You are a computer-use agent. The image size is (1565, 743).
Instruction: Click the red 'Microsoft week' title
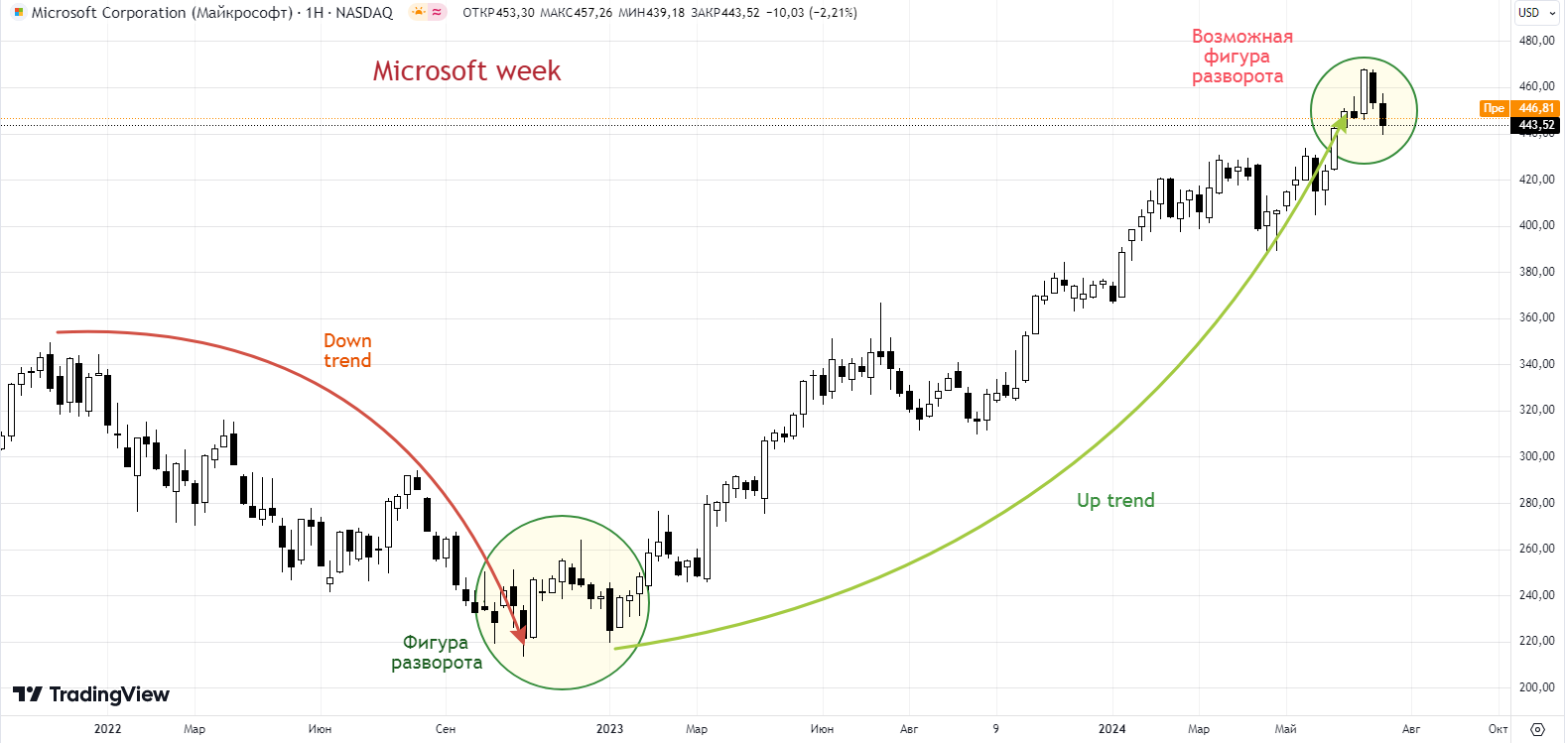click(466, 71)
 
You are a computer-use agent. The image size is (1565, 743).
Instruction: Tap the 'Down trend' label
click(347, 351)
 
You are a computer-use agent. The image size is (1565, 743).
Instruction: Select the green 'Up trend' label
click(1115, 501)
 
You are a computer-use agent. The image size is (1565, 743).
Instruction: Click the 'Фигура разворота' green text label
click(437, 653)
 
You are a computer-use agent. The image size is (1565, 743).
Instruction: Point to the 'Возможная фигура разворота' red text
click(1240, 57)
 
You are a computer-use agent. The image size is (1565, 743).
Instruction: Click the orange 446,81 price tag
click(1536, 108)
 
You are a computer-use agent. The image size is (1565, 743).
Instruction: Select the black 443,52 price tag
click(1536, 125)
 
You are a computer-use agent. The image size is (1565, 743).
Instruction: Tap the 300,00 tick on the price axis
click(1536, 456)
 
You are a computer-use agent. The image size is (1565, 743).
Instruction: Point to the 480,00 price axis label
click(1536, 41)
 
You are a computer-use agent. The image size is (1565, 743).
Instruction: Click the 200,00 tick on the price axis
click(1536, 687)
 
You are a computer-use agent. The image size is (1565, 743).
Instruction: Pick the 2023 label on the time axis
click(609, 729)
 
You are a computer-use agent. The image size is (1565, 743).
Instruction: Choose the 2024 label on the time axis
click(1111, 729)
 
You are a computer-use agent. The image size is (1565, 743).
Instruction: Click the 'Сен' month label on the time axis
click(446, 729)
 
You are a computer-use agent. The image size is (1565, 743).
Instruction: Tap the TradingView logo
click(91, 694)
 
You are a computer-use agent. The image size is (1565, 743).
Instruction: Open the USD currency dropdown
click(1536, 13)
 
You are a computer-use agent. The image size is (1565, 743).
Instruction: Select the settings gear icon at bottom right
click(1537, 729)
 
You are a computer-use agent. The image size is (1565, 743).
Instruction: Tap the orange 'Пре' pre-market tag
click(1494, 108)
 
